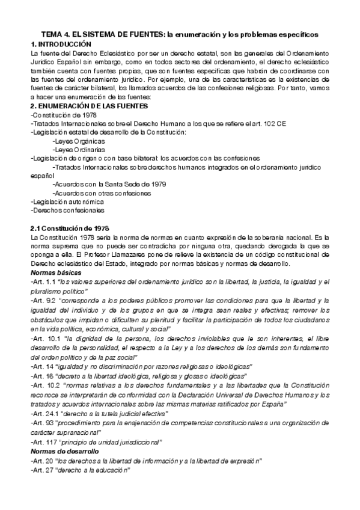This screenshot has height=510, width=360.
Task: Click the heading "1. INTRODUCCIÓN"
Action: pos(61,45)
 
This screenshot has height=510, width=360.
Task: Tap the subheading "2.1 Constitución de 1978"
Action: pos(69,229)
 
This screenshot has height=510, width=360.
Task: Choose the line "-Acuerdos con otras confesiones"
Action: pos(102,193)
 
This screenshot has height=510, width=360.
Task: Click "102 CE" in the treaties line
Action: pos(278,123)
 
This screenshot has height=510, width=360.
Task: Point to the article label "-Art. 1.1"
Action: pos(43,281)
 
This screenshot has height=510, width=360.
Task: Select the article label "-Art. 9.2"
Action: pos(43,300)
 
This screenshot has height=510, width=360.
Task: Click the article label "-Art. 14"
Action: pos(41,366)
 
